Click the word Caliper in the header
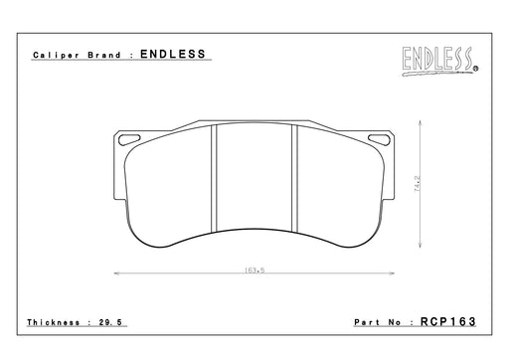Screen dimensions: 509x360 click(57, 56)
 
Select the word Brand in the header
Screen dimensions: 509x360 click(104, 55)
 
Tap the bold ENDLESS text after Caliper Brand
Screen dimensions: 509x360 click(173, 54)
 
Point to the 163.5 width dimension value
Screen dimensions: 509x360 click(254, 270)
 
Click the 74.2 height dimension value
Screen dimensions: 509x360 click(418, 184)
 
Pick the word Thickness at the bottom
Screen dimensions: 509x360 click(54, 322)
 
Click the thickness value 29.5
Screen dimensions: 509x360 click(110, 322)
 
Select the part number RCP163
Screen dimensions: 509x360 click(448, 321)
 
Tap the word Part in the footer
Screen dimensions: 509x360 click(367, 322)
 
